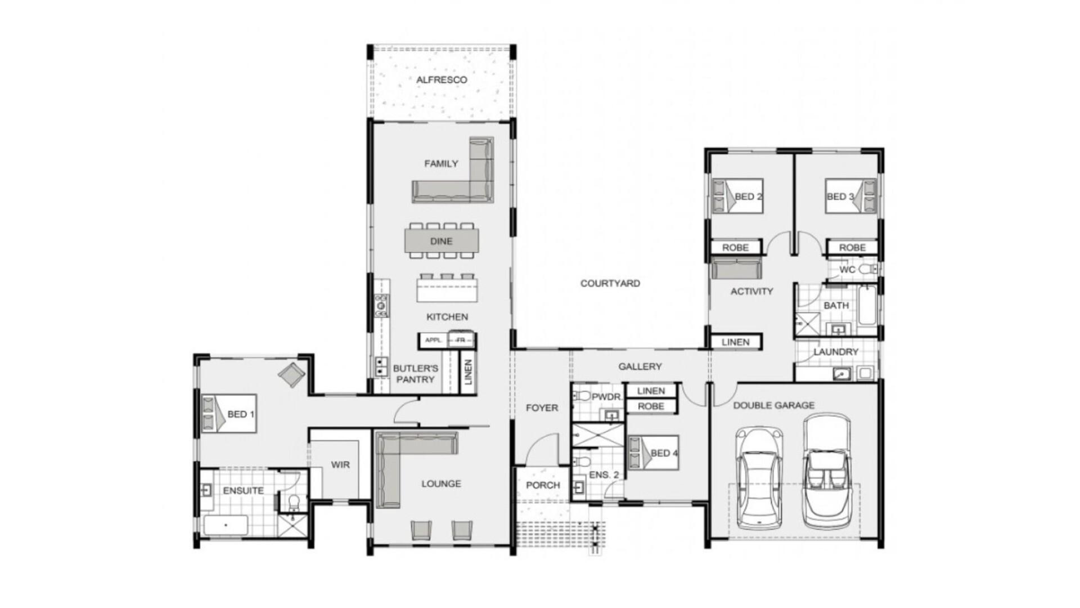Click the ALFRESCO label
442,80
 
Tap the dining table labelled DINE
442,241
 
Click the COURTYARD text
610,283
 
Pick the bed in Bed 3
850,196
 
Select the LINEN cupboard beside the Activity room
735,342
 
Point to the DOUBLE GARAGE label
773,405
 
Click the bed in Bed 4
652,453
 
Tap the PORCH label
543,485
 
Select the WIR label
340,464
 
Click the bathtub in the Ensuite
226,526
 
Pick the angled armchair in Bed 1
291,374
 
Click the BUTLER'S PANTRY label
415,374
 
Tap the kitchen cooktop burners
382,306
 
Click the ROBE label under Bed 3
852,247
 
